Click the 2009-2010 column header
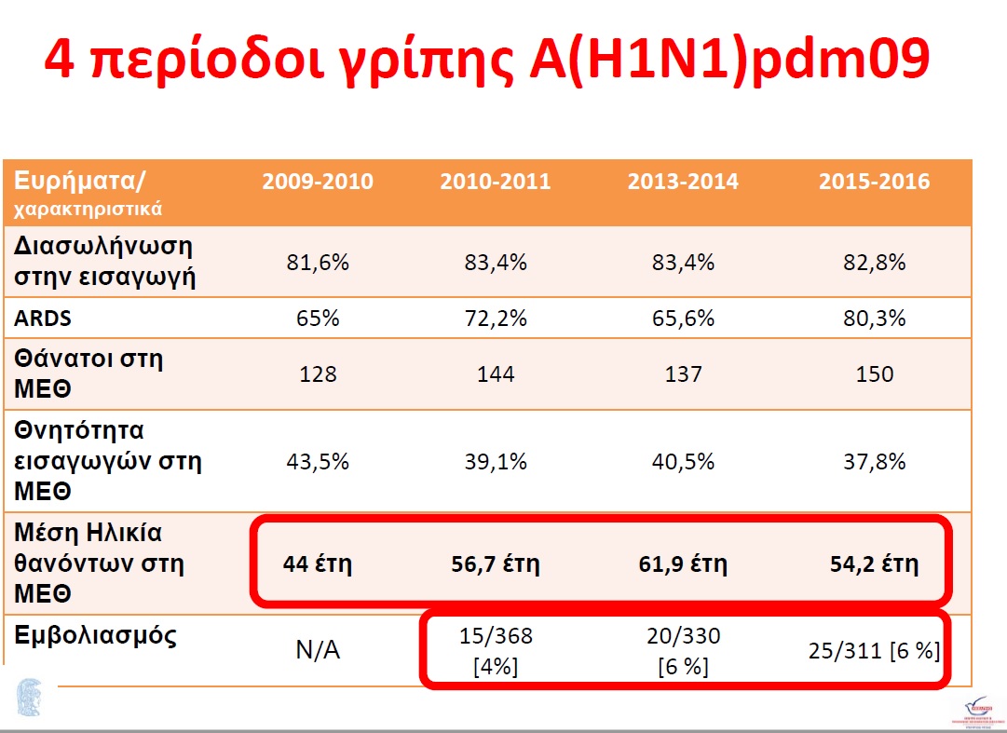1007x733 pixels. pos(318,182)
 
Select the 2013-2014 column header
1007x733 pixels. pos(683,182)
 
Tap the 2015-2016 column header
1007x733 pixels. pos(874,182)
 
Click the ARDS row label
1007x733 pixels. pos(43,318)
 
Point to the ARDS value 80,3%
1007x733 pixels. pos(874,318)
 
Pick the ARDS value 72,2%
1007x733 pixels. pos(496,318)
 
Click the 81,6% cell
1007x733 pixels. pos(318,263)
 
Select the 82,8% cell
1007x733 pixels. pos(874,263)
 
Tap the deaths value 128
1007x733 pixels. pos(318,374)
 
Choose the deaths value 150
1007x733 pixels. pos(874,374)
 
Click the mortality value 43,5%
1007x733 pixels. pos(318,462)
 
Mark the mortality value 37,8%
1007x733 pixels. pos(874,462)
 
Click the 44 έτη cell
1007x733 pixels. pos(318,563)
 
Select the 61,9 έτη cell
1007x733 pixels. pos(683,563)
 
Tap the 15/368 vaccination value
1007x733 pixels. pos(496,637)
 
